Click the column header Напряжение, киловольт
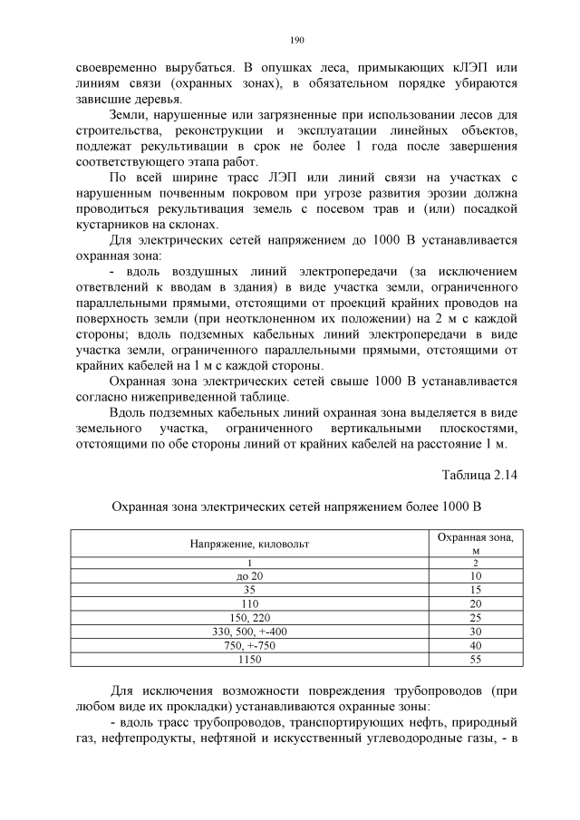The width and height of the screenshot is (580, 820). coord(249,544)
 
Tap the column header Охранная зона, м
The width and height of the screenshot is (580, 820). coord(475,544)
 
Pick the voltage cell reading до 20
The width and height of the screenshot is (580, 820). coord(249,575)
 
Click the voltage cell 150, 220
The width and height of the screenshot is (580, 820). coord(249,617)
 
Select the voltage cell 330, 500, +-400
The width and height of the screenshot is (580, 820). coord(249,631)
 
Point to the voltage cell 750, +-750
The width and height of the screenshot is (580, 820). coord(249,644)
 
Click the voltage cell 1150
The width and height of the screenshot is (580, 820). coord(249,659)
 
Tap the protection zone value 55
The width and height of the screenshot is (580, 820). coord(476,659)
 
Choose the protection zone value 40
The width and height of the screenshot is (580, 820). coord(476,644)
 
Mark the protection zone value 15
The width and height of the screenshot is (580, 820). coord(476,589)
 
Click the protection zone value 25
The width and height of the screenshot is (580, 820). coord(476,617)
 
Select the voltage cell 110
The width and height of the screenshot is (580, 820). coord(249,603)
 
